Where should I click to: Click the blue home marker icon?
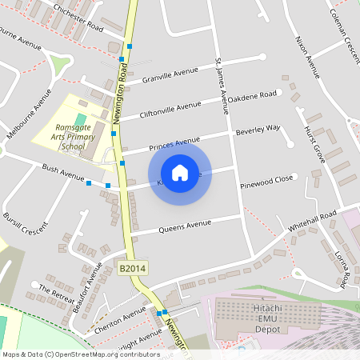(x=180, y=173)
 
